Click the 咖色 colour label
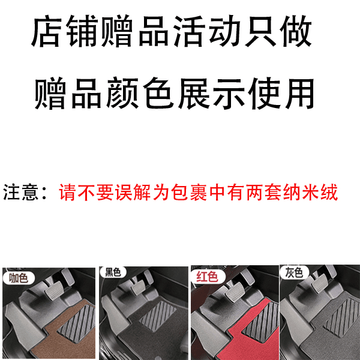(19, 278)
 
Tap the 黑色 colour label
(113, 272)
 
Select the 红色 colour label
(208, 276)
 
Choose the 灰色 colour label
(294, 273)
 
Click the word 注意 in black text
(20, 192)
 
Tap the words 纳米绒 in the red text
(310, 192)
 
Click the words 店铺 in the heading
(65, 31)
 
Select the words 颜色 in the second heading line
(140, 93)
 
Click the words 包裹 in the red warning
(190, 192)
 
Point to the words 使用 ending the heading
(281, 93)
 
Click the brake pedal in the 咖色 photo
(55, 290)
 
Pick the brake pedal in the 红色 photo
(235, 290)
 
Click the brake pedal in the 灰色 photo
(319, 283)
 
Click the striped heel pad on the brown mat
(77, 323)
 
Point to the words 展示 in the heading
(211, 93)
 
